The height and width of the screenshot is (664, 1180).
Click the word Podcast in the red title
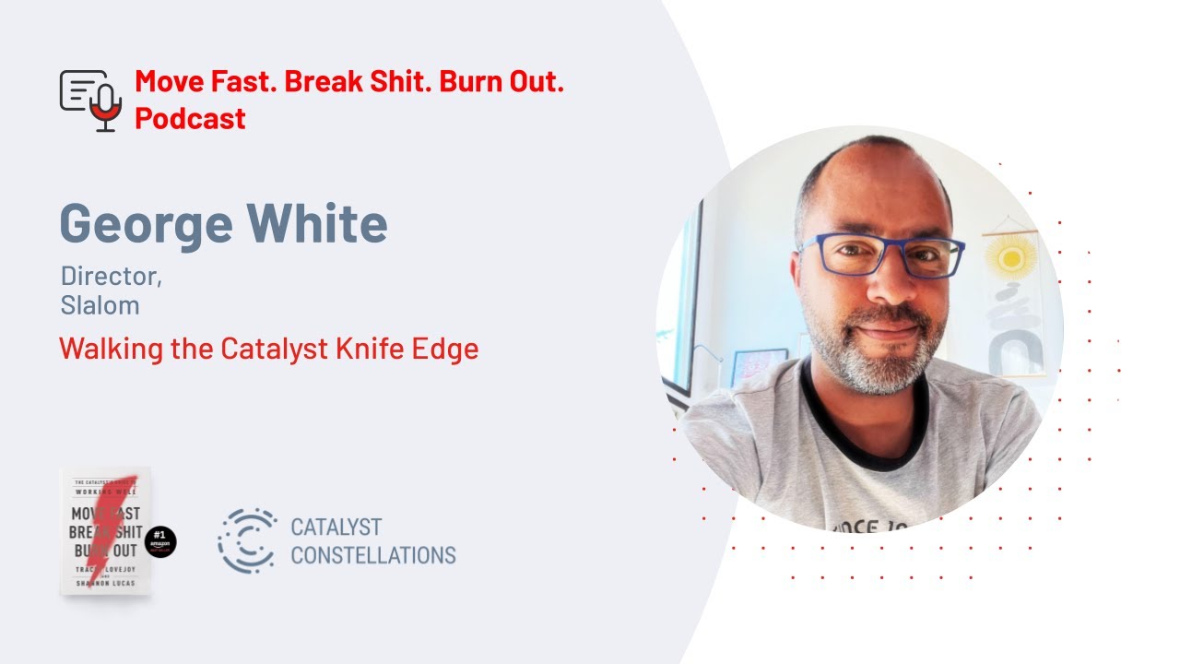[190, 118]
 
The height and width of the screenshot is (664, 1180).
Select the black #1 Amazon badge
[160, 542]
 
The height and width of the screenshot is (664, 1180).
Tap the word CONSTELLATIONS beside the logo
[372, 555]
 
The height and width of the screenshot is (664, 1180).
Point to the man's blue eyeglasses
[879, 255]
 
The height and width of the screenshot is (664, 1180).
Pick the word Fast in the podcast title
[241, 81]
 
